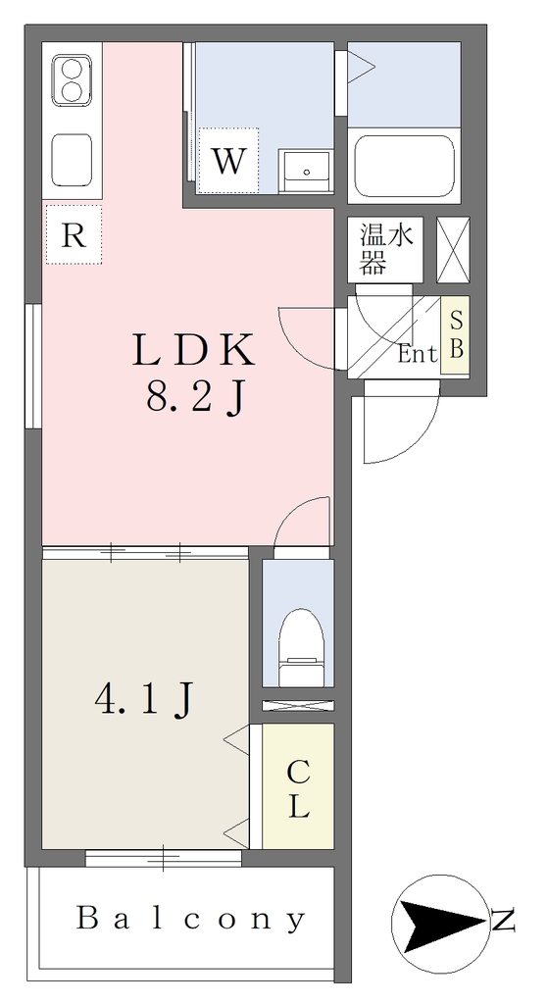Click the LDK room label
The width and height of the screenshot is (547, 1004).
[x=194, y=351]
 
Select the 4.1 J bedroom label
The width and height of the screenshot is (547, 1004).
[x=143, y=700]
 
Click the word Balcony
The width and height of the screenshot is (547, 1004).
[x=190, y=920]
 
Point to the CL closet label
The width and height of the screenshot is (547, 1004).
[x=298, y=789]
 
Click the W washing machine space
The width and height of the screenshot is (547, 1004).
[x=228, y=160]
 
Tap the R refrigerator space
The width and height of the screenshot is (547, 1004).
[x=74, y=235]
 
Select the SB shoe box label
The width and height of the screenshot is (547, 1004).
[x=456, y=334]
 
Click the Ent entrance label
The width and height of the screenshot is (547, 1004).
[x=417, y=353]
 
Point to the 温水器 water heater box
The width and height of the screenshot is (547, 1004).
[x=385, y=249]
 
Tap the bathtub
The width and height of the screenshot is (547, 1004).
[x=404, y=166]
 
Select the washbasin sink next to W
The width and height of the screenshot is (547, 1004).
[x=306, y=171]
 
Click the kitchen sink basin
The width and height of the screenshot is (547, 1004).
[x=72, y=160]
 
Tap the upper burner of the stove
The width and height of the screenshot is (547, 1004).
[x=73, y=68]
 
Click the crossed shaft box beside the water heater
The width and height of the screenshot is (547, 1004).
[x=453, y=250]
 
